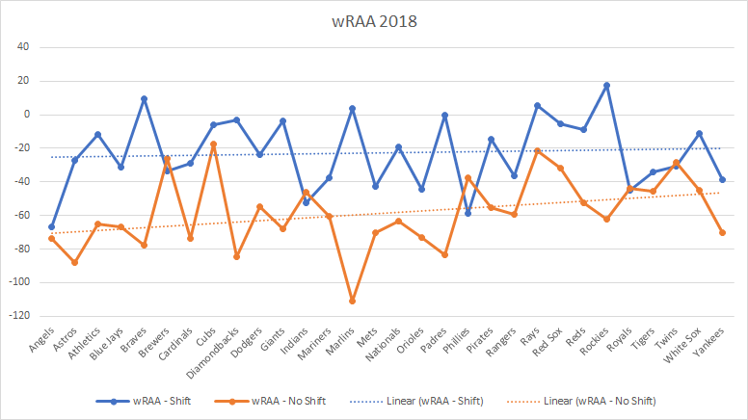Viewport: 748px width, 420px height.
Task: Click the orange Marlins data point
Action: [x=352, y=301]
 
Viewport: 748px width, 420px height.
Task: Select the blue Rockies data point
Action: [x=606, y=86]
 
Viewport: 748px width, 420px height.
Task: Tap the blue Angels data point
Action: [x=51, y=226]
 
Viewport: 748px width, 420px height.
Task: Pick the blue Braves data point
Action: [x=144, y=99]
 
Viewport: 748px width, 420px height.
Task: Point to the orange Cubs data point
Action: [x=213, y=144]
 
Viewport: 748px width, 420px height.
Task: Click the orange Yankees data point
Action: [x=722, y=232]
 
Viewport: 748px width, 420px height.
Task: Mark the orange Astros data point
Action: [x=74, y=262]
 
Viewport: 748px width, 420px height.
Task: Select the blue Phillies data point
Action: [x=467, y=213]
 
